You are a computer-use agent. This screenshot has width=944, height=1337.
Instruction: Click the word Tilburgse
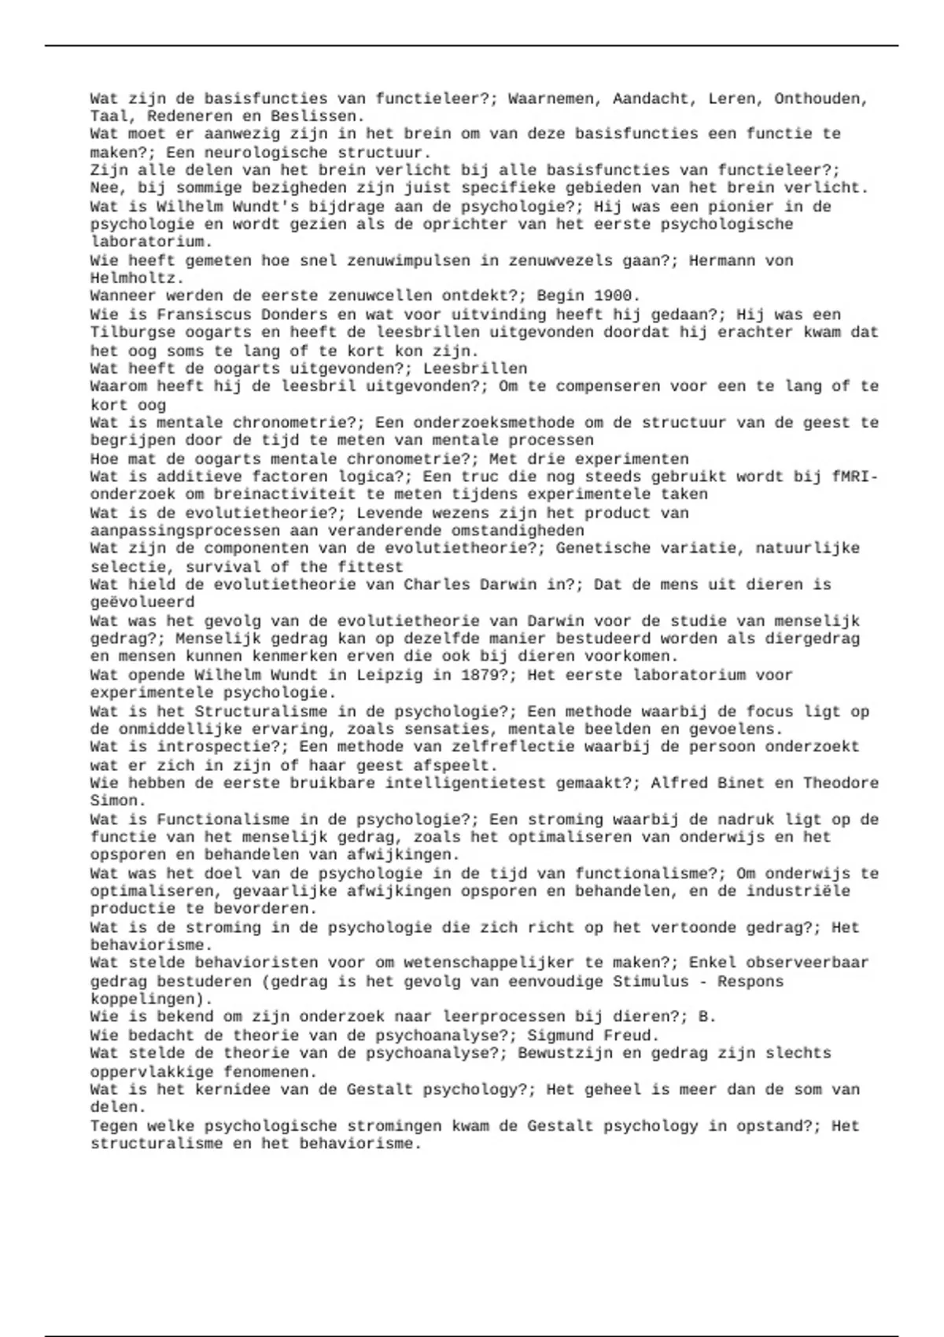coord(132,333)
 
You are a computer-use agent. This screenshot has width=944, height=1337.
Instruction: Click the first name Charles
coord(437,584)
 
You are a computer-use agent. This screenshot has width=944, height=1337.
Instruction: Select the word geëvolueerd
coord(142,602)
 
